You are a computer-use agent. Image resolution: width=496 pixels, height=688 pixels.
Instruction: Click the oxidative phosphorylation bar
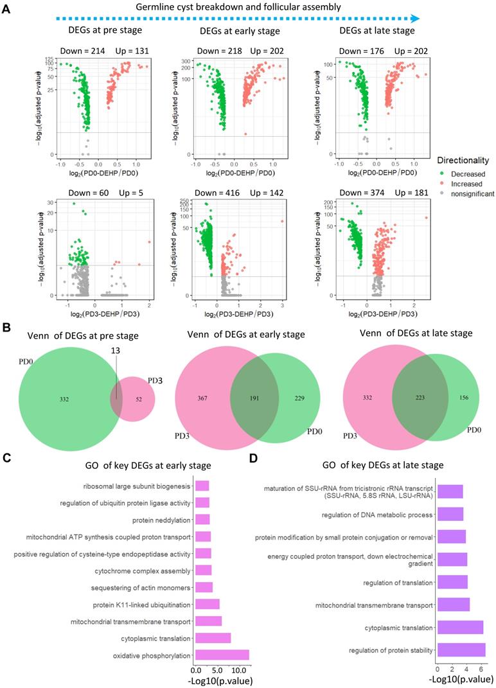(222, 655)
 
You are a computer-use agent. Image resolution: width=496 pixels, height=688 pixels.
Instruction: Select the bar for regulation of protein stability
(461, 649)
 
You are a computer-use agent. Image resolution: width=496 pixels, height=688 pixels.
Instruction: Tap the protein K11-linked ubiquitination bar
(207, 604)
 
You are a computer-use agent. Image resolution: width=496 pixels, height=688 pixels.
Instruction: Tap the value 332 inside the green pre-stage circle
(65, 400)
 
